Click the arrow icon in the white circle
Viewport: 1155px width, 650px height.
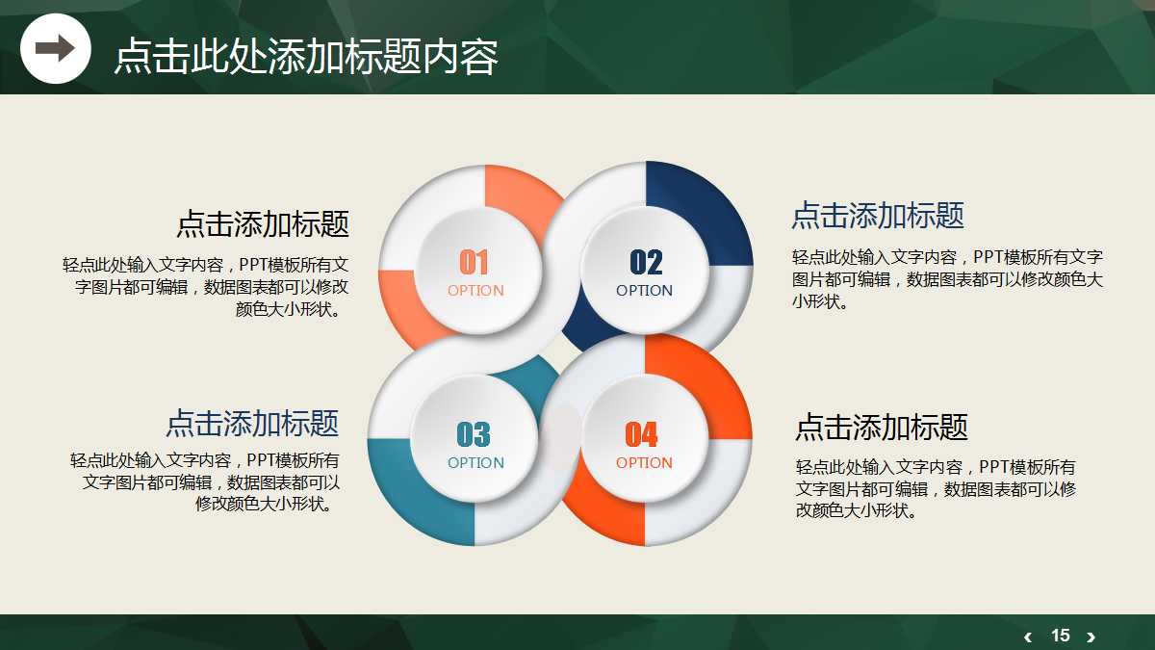point(55,48)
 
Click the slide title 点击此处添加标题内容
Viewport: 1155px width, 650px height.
point(306,57)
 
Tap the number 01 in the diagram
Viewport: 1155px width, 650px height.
point(474,262)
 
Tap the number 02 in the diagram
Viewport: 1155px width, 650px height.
point(646,262)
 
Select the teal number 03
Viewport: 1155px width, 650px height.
point(474,435)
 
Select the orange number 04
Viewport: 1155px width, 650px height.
point(642,435)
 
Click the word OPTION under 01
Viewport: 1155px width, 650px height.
point(475,291)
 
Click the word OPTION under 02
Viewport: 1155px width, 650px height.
point(645,291)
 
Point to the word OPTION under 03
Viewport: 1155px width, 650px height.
point(475,463)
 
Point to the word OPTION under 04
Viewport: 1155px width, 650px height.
point(645,463)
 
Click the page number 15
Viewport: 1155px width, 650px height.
point(1061,636)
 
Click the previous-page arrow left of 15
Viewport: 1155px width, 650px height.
point(1028,637)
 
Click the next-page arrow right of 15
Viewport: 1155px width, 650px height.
point(1091,637)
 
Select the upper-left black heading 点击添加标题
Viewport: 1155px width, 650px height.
point(263,224)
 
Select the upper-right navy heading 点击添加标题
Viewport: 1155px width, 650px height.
point(878,216)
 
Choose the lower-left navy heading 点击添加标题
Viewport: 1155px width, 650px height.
point(252,423)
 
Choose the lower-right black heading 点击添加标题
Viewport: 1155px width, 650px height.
point(882,427)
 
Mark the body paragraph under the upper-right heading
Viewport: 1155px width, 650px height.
point(947,279)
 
